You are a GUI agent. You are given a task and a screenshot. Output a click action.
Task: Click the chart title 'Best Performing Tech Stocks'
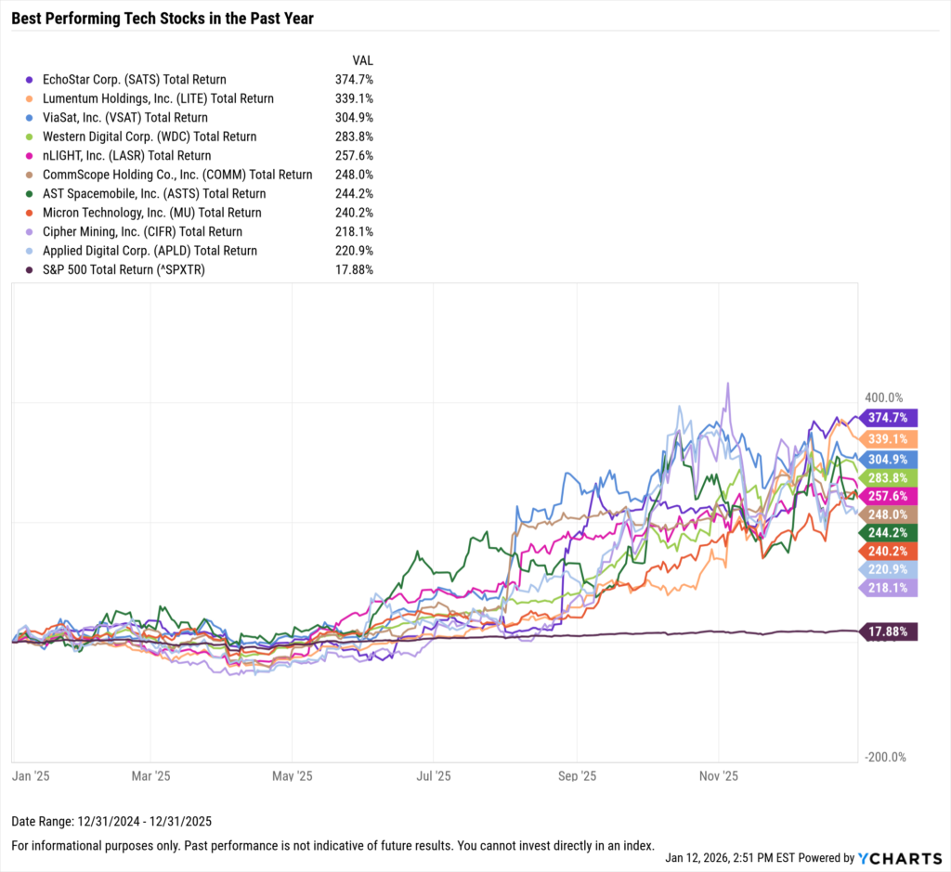163,17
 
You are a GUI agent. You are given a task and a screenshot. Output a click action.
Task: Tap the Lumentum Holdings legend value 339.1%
354,98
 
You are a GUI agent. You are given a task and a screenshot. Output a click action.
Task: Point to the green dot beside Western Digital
31,137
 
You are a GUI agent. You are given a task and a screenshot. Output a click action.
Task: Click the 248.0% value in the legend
354,175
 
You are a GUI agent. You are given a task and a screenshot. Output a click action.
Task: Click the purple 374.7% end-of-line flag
890,418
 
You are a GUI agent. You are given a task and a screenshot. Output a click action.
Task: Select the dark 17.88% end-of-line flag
890,632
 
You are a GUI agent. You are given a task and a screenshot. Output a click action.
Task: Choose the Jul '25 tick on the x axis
435,775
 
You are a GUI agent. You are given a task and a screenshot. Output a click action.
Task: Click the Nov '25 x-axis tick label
718,775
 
